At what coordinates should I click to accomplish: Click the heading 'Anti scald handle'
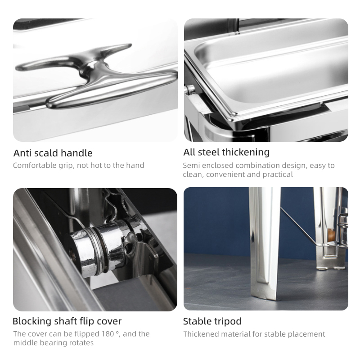pyautogui.click(x=53, y=153)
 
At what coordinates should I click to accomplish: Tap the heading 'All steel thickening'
pyautogui.click(x=226, y=152)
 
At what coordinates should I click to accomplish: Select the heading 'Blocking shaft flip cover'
pyautogui.click(x=67, y=321)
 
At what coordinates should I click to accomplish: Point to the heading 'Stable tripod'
pyautogui.click(x=212, y=321)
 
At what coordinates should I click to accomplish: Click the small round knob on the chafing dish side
pyautogui.click(x=189, y=90)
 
